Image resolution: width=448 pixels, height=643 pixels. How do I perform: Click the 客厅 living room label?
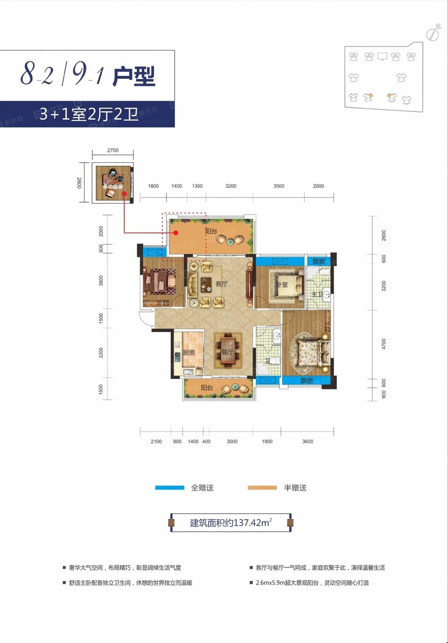click(x=221, y=284)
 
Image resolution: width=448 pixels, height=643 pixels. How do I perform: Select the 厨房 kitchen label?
click(x=188, y=353)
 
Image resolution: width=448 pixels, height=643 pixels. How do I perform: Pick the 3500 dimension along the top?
click(x=279, y=186)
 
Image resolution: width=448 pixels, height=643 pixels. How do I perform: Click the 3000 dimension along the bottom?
click(x=232, y=442)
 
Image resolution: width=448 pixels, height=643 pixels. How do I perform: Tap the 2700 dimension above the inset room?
click(x=113, y=151)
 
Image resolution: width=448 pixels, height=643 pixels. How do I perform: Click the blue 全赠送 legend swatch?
click(x=170, y=488)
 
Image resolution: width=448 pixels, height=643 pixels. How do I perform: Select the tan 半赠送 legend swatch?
click(x=263, y=488)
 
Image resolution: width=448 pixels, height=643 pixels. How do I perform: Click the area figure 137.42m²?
click(x=247, y=523)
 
